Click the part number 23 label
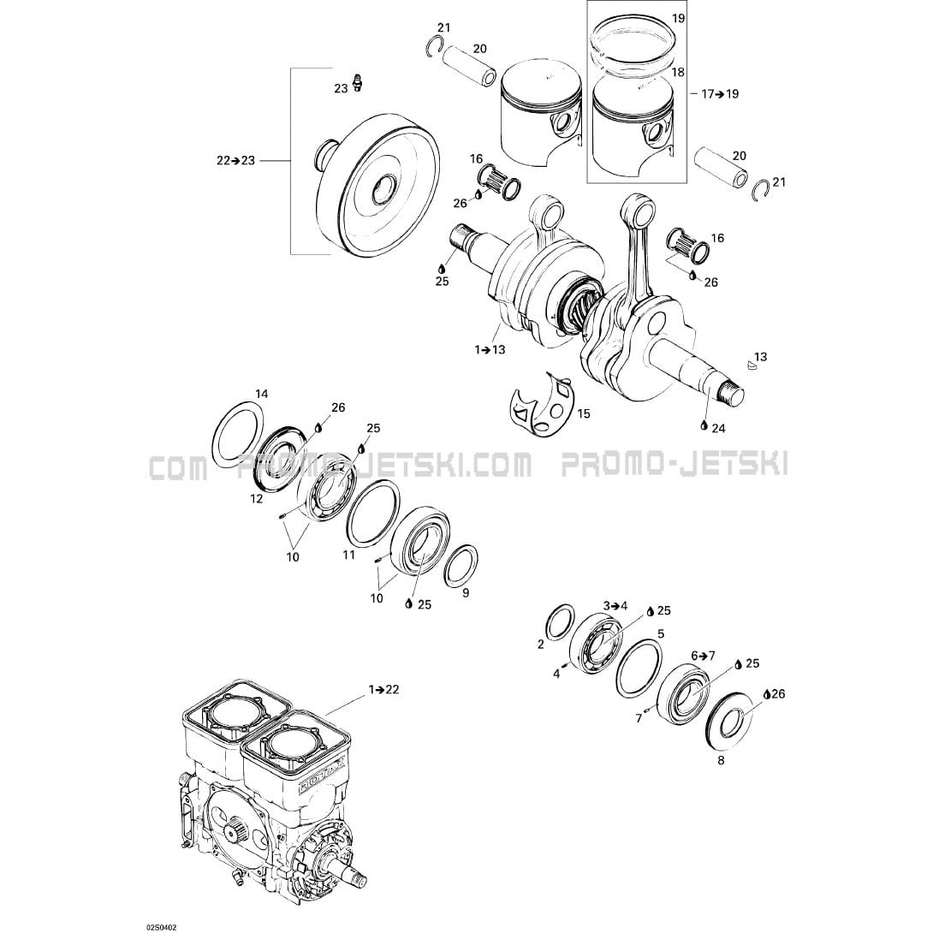341,89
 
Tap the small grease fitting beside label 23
358,82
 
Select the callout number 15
585,413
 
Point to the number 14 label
262,394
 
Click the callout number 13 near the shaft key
760,357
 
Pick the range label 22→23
235,160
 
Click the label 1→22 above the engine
383,690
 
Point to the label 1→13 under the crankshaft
490,349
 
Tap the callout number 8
722,760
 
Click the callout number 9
466,592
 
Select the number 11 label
348,556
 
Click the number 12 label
257,499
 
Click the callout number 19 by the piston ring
678,19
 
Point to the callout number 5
661,633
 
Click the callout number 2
541,645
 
